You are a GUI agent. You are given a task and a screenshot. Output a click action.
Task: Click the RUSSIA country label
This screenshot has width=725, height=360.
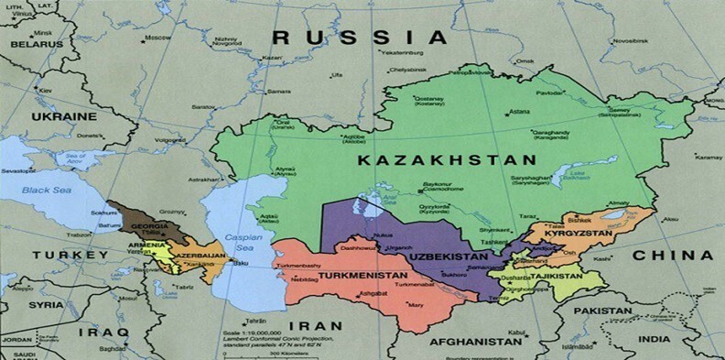click(x=361, y=38)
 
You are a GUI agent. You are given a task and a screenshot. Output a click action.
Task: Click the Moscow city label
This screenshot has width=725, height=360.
click(x=157, y=38)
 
